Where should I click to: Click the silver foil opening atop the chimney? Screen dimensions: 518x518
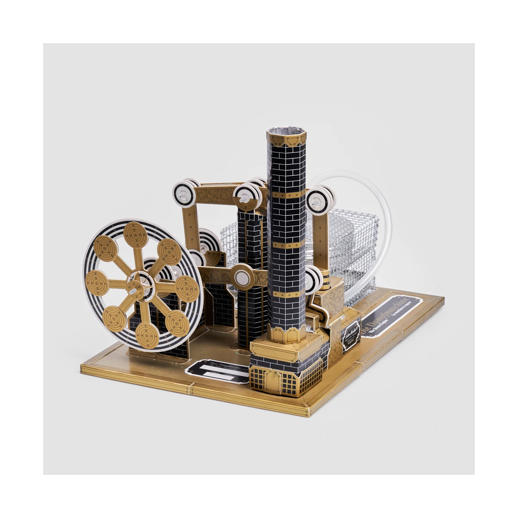click(x=286, y=131)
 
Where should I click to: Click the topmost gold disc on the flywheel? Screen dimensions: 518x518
click(x=136, y=235)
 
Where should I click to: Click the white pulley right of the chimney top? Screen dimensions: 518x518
click(x=320, y=200)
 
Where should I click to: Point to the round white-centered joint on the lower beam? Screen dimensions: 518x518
click(x=242, y=277)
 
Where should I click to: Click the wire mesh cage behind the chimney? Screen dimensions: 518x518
click(x=350, y=242)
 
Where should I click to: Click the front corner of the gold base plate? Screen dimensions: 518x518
click(x=307, y=412)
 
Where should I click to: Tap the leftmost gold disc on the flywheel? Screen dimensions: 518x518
click(x=97, y=283)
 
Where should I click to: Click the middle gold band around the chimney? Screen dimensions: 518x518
click(x=286, y=245)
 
